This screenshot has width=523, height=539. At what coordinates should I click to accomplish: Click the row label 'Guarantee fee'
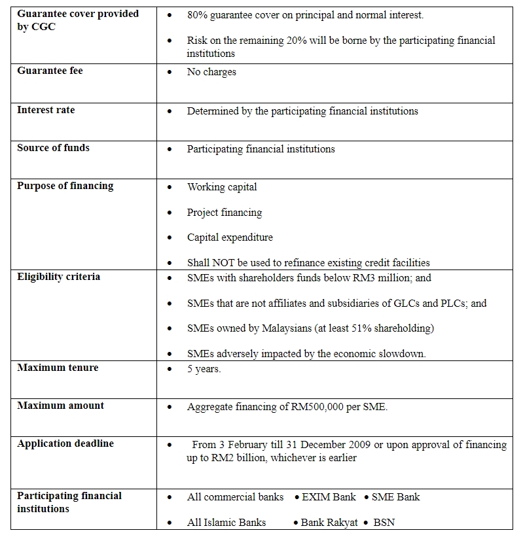(x=50, y=71)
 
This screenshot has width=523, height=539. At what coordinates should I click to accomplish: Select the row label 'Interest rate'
(x=46, y=110)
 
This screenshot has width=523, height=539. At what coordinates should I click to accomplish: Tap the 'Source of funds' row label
(x=53, y=148)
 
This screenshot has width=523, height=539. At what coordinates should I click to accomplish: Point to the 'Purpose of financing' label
(x=65, y=186)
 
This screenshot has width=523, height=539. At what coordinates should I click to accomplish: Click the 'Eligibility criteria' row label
(x=58, y=277)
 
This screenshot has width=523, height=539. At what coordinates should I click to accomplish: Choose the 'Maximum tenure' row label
(x=58, y=368)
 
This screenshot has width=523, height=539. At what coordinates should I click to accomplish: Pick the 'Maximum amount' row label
(x=60, y=406)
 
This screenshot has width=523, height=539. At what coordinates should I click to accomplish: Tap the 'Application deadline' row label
(x=65, y=443)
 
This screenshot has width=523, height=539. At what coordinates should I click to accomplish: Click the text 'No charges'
(x=211, y=72)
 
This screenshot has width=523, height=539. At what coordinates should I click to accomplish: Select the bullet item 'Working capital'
(x=222, y=187)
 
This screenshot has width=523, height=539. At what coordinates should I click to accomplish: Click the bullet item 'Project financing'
(x=225, y=213)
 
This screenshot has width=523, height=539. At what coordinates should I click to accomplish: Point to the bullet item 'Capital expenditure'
(x=230, y=237)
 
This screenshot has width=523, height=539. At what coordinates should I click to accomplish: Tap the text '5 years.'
(x=204, y=369)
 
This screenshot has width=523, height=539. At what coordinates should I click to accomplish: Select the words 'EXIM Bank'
(x=329, y=497)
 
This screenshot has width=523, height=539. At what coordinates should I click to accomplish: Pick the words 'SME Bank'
(x=395, y=497)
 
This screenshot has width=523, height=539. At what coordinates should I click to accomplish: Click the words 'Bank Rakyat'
(x=329, y=523)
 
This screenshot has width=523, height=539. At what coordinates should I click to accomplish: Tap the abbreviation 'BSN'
(x=384, y=523)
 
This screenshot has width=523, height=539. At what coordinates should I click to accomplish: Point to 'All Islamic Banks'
(x=226, y=523)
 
